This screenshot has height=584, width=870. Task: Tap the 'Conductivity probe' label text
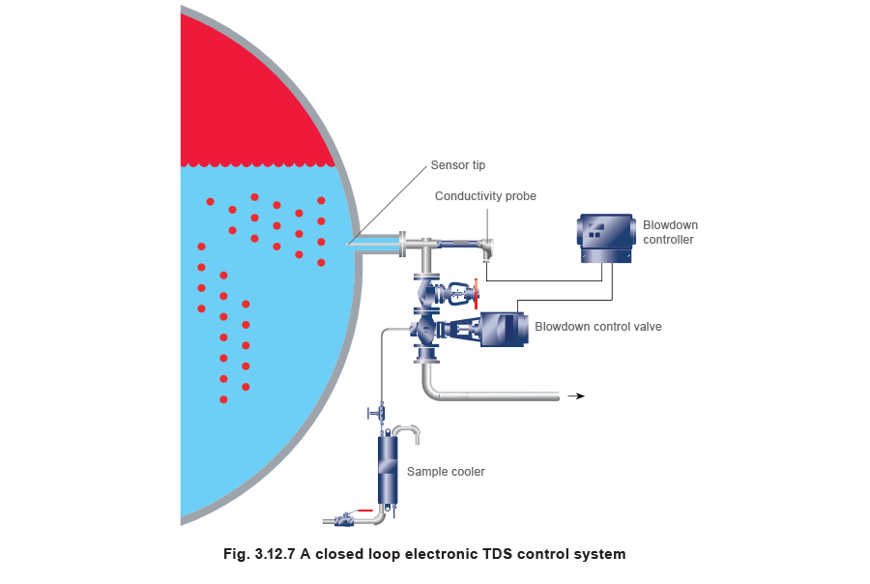point(484,196)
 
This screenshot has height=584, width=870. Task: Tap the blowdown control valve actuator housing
point(504,329)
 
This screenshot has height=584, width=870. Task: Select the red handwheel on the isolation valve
point(474,292)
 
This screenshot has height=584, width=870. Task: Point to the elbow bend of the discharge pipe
point(428,388)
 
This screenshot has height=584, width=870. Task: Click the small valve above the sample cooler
point(380,414)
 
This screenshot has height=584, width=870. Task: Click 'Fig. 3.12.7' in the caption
point(253,554)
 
